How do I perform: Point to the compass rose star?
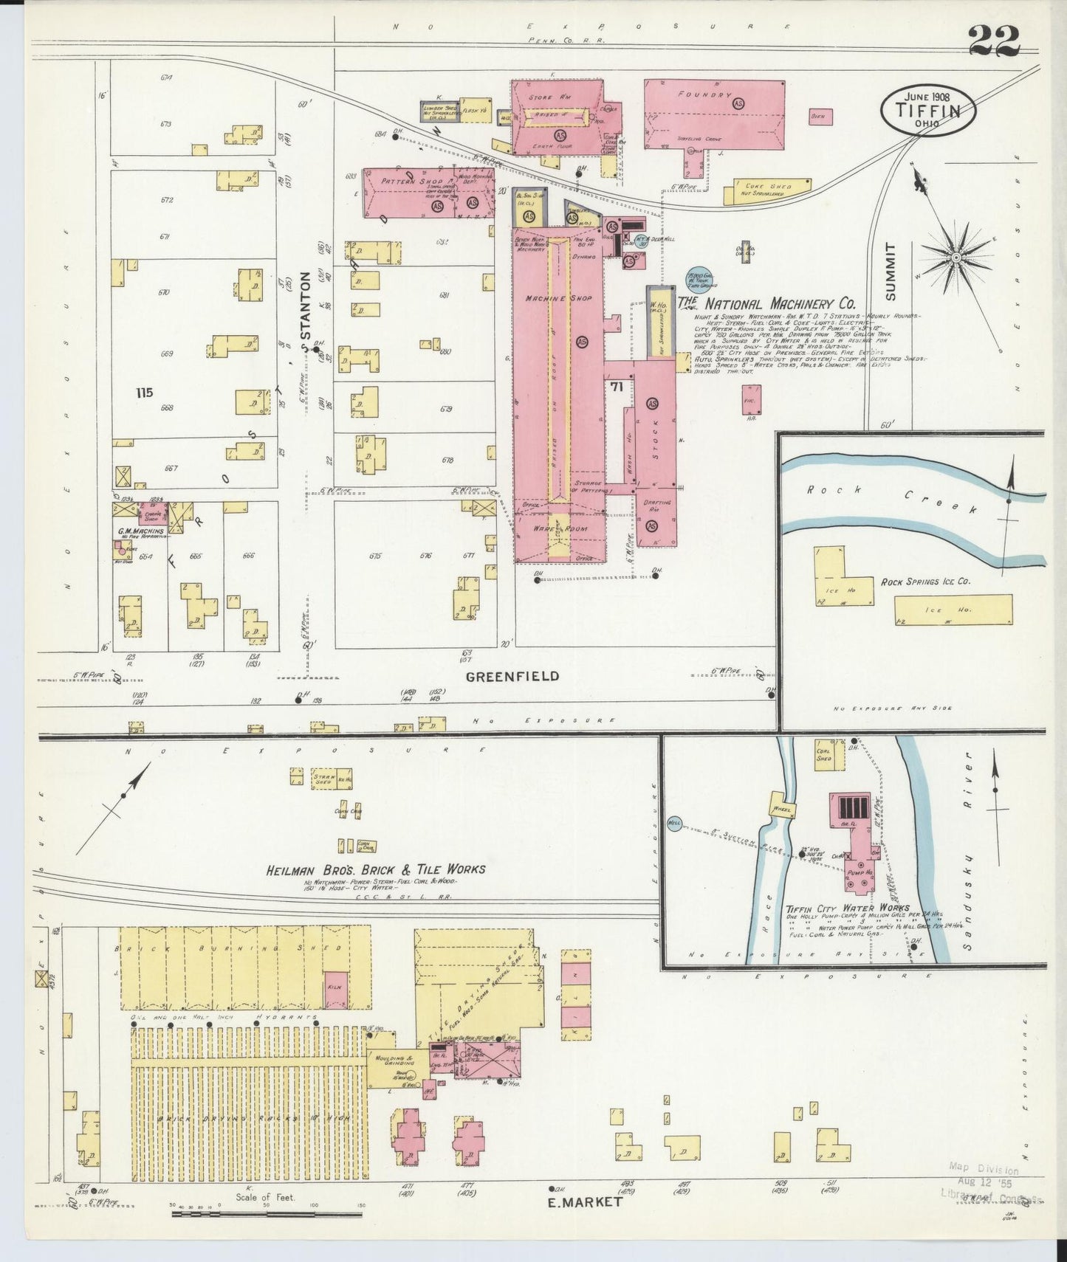956,257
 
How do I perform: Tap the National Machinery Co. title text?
768,303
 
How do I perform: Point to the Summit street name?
890,271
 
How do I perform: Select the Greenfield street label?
512,675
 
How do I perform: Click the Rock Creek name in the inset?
893,498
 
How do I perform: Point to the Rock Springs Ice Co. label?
925,582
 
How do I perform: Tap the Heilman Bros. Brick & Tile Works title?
376,869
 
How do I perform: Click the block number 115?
144,393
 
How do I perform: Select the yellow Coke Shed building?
768,190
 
